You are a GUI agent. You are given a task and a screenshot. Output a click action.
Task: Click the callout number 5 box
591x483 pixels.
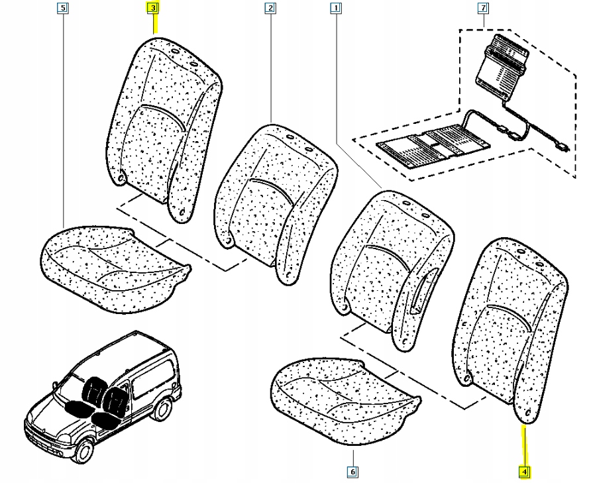(x=62, y=9)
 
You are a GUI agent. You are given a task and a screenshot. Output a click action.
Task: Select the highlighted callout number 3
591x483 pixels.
(x=153, y=9)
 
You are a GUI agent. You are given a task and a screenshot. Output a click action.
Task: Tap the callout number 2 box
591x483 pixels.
(x=270, y=9)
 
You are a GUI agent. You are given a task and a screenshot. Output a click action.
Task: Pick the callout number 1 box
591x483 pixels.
(x=336, y=9)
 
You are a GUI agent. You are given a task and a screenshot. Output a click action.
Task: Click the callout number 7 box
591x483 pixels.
(x=483, y=9)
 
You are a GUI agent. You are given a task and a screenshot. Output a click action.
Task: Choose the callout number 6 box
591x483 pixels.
(x=352, y=472)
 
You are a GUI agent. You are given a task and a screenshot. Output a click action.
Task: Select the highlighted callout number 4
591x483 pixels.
(x=524, y=472)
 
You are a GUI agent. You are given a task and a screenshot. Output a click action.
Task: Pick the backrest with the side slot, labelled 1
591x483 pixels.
(x=391, y=265)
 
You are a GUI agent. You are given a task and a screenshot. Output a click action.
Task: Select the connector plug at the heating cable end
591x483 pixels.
(x=563, y=147)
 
